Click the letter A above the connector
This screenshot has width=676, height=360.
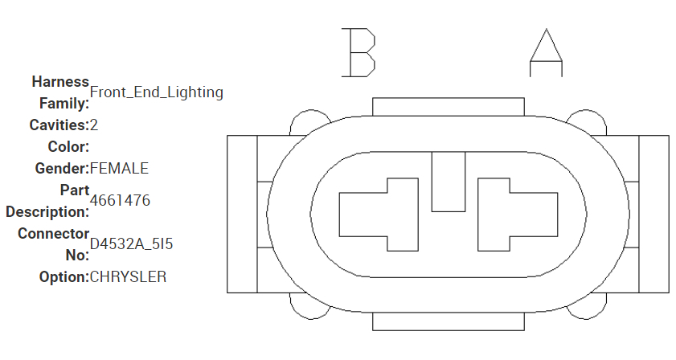[x=546, y=52]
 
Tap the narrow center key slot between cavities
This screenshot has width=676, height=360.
[x=449, y=182]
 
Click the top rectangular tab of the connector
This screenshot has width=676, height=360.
[x=449, y=108]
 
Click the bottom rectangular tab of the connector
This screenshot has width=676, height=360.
[x=449, y=321]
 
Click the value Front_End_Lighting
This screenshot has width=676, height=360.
[x=157, y=92]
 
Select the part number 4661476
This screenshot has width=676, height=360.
[x=121, y=200]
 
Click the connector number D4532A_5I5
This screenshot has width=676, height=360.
[x=132, y=243]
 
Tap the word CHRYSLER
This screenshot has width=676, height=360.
[x=129, y=277]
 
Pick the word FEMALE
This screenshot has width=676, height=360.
[x=119, y=169]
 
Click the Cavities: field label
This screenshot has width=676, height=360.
[x=59, y=125]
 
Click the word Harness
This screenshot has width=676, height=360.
[x=60, y=82]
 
